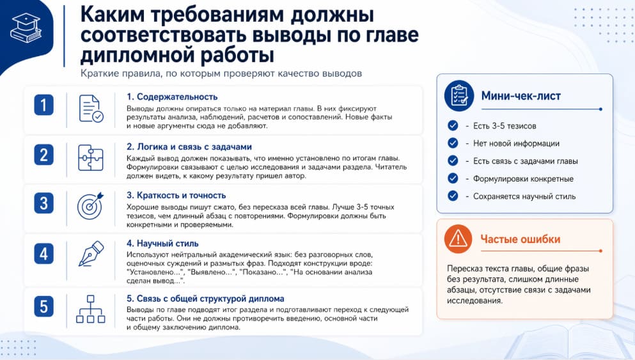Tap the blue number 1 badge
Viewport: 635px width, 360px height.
[43, 106]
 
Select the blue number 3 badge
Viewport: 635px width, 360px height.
[43, 203]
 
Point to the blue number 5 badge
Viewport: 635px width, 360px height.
[43, 306]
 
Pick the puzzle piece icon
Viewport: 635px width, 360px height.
[91, 157]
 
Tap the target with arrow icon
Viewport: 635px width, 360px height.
[90, 205]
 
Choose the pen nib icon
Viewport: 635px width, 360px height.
[90, 254]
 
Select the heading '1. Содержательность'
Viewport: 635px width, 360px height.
[172, 97]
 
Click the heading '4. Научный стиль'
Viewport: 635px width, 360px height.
[162, 243]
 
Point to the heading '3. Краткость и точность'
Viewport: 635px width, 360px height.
[176, 195]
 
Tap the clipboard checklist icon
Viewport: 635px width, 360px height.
[459, 96]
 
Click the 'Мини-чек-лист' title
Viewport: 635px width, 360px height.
[521, 97]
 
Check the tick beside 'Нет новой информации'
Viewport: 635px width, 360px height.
[453, 143]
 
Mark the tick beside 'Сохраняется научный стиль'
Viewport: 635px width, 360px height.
[453, 196]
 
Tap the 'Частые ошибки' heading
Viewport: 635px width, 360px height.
[520, 240]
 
